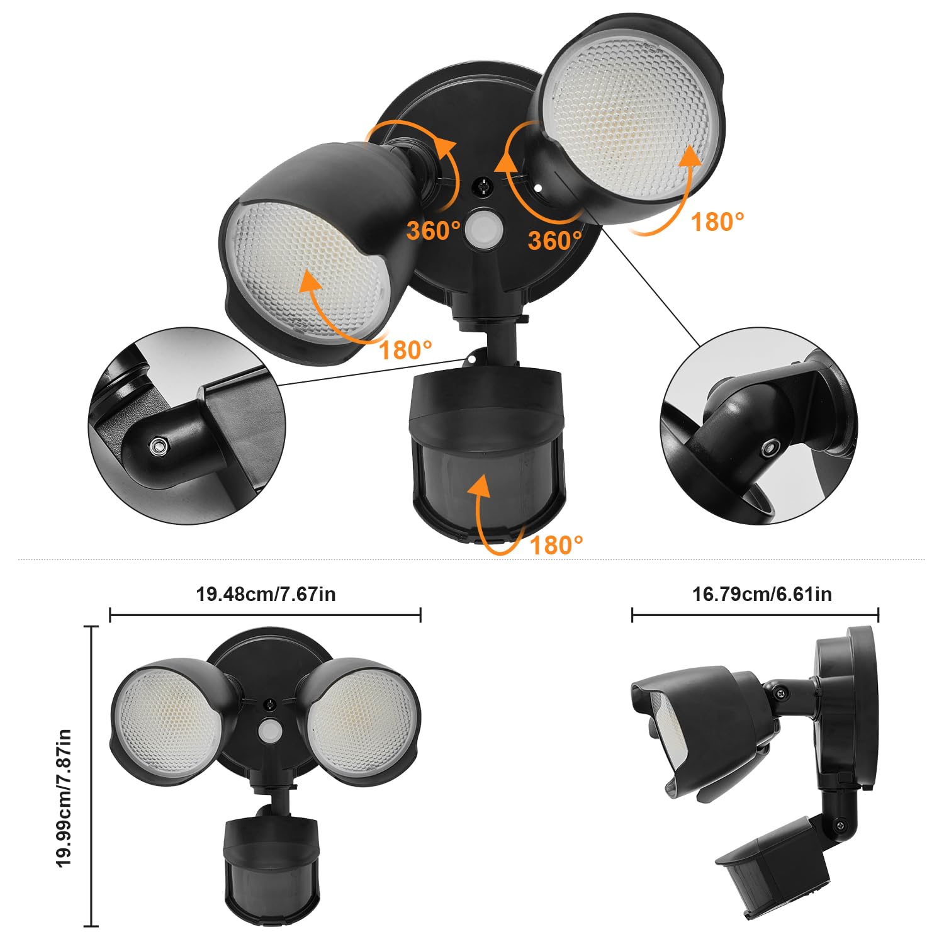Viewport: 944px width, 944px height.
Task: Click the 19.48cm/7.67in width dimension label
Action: pyautogui.click(x=266, y=594)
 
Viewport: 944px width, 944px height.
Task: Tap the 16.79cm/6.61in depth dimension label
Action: pyautogui.click(x=762, y=594)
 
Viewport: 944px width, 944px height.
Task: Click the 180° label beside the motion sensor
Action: pyautogui.click(x=556, y=545)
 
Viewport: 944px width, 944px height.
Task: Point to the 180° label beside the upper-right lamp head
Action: pyautogui.click(x=717, y=222)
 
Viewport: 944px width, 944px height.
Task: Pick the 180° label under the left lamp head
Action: pyautogui.click(x=406, y=350)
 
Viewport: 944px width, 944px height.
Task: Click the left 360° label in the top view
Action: pyautogui.click(x=434, y=231)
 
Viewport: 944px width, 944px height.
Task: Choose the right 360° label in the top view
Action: pyautogui.click(x=555, y=240)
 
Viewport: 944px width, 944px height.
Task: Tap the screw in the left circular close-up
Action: pyautogui.click(x=159, y=447)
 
